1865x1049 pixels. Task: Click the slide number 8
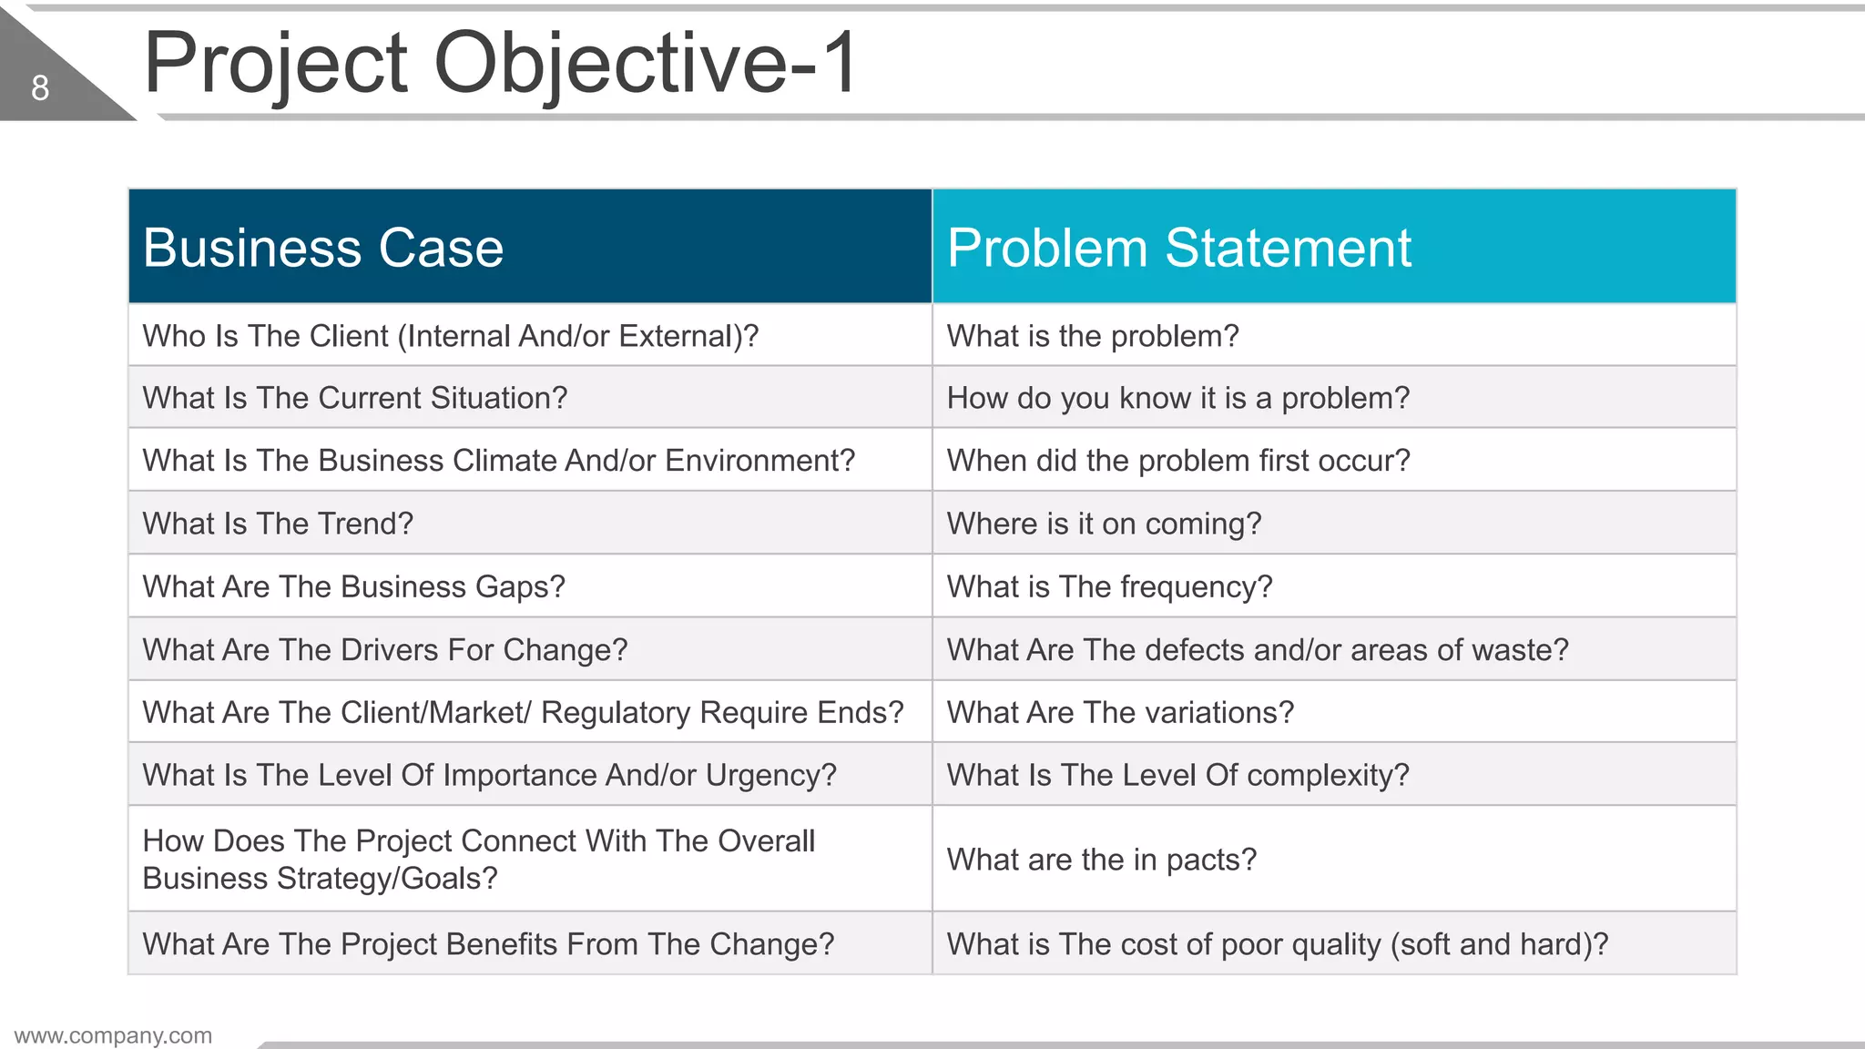(40, 88)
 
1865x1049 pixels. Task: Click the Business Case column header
(323, 248)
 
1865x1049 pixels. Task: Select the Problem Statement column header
(1178, 248)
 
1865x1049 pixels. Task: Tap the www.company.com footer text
(113, 1035)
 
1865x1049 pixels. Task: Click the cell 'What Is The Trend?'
(278, 524)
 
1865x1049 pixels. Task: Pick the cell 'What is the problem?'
(1092, 336)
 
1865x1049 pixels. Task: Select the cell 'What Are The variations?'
(1119, 712)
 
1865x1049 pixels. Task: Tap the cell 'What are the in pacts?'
(1101, 860)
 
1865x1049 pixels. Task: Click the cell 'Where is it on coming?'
(1104, 524)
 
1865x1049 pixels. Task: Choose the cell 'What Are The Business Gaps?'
(353, 586)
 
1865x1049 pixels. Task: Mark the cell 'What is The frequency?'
(1109, 586)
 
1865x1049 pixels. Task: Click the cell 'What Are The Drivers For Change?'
(385, 649)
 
